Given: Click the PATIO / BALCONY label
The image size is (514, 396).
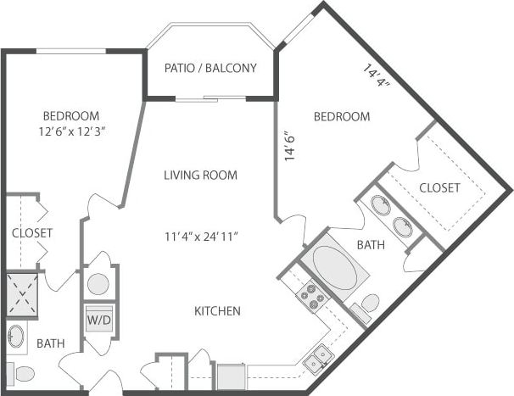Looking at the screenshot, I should coord(210,69).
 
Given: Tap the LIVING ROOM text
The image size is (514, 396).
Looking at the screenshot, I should coord(200,176).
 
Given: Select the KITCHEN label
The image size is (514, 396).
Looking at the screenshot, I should coord(218,311).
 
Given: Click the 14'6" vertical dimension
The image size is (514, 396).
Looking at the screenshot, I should coord(290,145).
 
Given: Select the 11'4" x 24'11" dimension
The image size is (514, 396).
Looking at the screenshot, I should coord(200,237).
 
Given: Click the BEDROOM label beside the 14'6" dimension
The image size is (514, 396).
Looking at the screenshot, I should coord(342,116).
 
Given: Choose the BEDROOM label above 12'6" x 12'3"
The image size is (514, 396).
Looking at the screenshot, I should coord(70,115).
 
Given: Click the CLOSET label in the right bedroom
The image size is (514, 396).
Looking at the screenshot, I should coord(439,187).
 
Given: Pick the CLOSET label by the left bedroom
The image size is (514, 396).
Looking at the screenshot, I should coord(32,232).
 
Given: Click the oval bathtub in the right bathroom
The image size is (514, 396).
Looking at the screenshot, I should coord(336,268).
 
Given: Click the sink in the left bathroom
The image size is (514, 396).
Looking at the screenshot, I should coord(15,337).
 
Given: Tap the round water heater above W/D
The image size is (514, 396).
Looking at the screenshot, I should coord(98,284).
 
